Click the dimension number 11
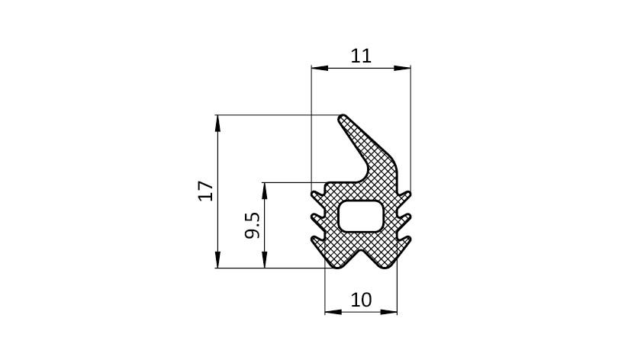coord(361,56)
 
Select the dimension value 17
coord(206,191)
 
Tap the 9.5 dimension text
coord(253,225)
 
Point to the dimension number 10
coord(361,300)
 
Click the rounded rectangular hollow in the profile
coord(360,216)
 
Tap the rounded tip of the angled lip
coord(343,118)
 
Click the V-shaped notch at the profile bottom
coord(361,259)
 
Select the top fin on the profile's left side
coord(318,196)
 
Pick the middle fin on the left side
coord(318,218)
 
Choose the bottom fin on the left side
coord(318,241)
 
